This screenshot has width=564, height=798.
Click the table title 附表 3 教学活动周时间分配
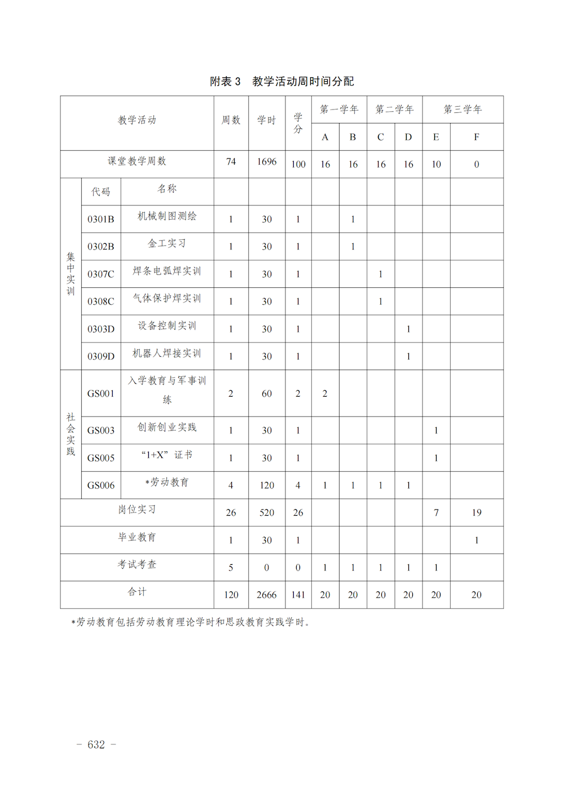[282, 81]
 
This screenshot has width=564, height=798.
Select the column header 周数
[231, 120]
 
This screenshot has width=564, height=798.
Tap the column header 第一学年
[339, 109]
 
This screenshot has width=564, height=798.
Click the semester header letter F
[477, 137]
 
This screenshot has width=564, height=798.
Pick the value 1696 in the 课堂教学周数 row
[267, 162]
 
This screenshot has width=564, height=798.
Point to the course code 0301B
[101, 220]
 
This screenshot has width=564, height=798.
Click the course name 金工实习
[167, 244]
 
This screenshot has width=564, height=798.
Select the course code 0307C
[101, 274]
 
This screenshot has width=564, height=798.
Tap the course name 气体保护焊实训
[167, 299]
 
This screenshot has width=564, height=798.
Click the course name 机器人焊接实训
[167, 353]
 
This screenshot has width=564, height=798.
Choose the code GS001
[101, 394]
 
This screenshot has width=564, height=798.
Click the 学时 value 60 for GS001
[267, 394]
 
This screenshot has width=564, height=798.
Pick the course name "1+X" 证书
[167, 455]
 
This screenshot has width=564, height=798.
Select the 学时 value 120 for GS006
[267, 485]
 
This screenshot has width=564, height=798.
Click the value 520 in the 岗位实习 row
[267, 513]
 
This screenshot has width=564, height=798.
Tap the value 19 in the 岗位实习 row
[477, 513]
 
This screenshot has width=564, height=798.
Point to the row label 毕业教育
[137, 537]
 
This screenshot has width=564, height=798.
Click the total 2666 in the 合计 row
[267, 595]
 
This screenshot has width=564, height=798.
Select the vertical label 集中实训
[70, 274]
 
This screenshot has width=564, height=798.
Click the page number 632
[96, 745]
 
